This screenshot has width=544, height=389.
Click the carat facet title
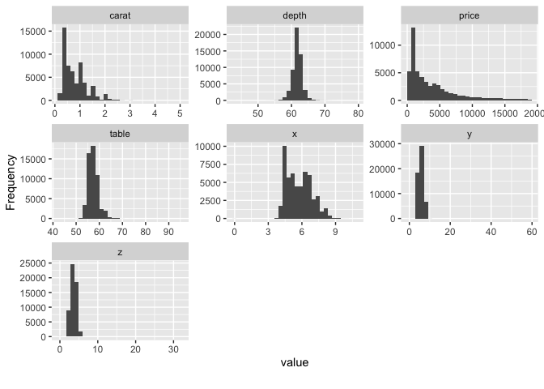point(120,15)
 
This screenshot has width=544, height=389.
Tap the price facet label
point(470,15)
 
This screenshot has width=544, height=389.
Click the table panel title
point(120,134)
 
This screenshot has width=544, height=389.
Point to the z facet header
point(120,252)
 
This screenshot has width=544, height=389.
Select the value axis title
point(294,362)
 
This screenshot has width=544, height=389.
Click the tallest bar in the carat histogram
point(64,65)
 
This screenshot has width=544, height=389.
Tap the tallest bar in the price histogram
point(413,65)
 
